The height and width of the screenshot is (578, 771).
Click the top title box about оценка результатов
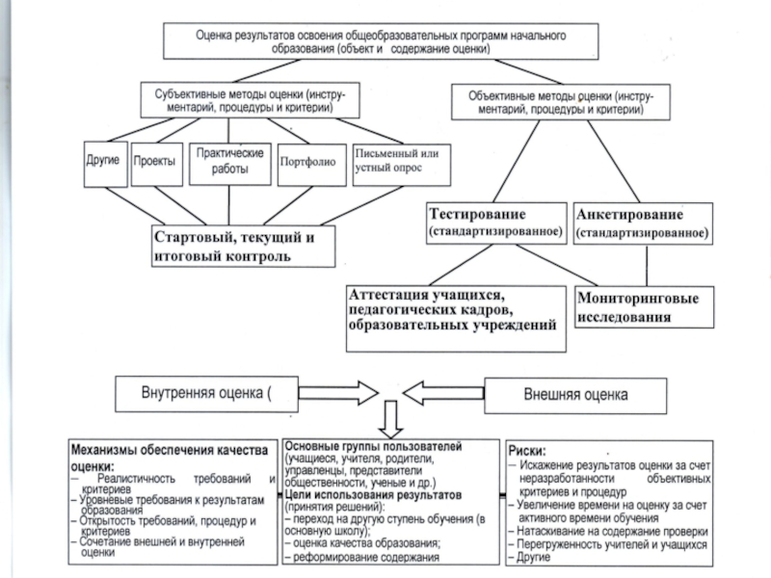[x=381, y=39]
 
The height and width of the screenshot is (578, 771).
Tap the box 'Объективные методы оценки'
[x=562, y=103]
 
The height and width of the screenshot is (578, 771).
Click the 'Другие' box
[x=103, y=159]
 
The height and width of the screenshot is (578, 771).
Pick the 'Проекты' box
[x=155, y=161]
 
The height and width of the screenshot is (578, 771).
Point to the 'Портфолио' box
[x=306, y=161]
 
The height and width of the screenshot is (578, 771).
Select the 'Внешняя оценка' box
[x=573, y=395]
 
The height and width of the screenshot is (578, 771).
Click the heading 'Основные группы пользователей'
[x=375, y=448]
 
